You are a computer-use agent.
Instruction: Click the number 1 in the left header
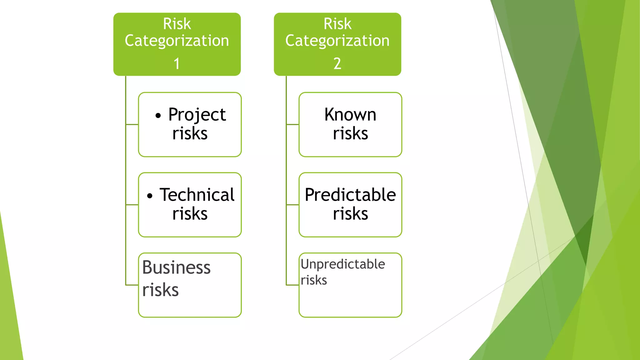coord(177,64)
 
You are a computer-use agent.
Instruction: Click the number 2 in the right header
coord(337,64)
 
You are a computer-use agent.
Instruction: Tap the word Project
coord(197,115)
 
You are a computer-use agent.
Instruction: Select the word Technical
coord(197,195)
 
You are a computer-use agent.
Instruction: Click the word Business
coord(176,268)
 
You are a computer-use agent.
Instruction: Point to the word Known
coord(350,115)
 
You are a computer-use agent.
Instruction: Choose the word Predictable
coord(350,195)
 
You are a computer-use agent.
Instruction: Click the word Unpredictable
coord(342,264)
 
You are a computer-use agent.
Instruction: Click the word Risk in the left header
coord(177,24)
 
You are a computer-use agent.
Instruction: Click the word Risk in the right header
coord(337,24)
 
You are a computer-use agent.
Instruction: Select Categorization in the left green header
coord(177,41)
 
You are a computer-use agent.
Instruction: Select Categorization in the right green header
coord(337,41)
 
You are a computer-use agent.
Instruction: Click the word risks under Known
coord(350,134)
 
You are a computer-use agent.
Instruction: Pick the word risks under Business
coord(160,290)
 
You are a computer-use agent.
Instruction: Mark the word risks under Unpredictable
coord(314,280)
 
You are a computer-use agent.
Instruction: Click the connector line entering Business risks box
coord(132,285)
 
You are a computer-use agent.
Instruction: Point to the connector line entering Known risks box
coord(292,124)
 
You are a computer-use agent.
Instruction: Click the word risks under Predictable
coord(350,214)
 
